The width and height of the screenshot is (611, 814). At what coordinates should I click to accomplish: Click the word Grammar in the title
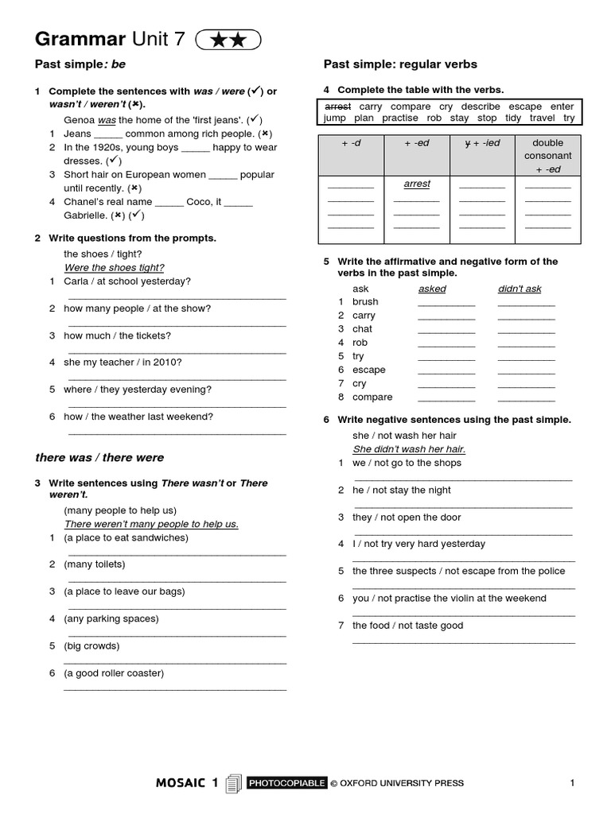click(80, 40)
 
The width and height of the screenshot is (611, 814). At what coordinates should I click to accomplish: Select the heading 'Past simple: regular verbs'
click(400, 64)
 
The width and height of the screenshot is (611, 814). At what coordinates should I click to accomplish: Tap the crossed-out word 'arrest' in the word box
click(338, 107)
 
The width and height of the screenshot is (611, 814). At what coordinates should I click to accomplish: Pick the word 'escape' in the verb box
click(526, 107)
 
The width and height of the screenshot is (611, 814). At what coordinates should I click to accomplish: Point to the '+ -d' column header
click(351, 143)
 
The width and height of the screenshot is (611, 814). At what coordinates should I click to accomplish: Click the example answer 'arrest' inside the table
click(417, 184)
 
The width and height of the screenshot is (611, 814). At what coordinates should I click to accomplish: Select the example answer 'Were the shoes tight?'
click(114, 268)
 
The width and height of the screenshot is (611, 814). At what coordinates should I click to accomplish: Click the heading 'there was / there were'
click(99, 458)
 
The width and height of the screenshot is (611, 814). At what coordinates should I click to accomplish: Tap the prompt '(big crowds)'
click(91, 645)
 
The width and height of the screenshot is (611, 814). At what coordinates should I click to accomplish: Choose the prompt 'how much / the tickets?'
click(117, 335)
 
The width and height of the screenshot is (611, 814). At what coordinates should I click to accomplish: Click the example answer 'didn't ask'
click(520, 289)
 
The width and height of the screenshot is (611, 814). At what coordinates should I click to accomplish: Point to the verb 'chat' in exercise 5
click(362, 329)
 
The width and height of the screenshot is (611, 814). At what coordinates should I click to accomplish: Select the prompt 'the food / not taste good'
click(407, 626)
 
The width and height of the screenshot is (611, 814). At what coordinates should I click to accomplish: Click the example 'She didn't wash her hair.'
click(409, 449)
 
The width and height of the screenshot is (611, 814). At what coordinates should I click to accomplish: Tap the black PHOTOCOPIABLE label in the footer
click(286, 783)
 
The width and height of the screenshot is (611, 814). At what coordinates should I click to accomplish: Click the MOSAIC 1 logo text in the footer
click(187, 783)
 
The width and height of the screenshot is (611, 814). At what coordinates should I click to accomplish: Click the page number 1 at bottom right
click(572, 783)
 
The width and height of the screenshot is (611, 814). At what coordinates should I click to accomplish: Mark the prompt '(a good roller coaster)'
click(114, 673)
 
